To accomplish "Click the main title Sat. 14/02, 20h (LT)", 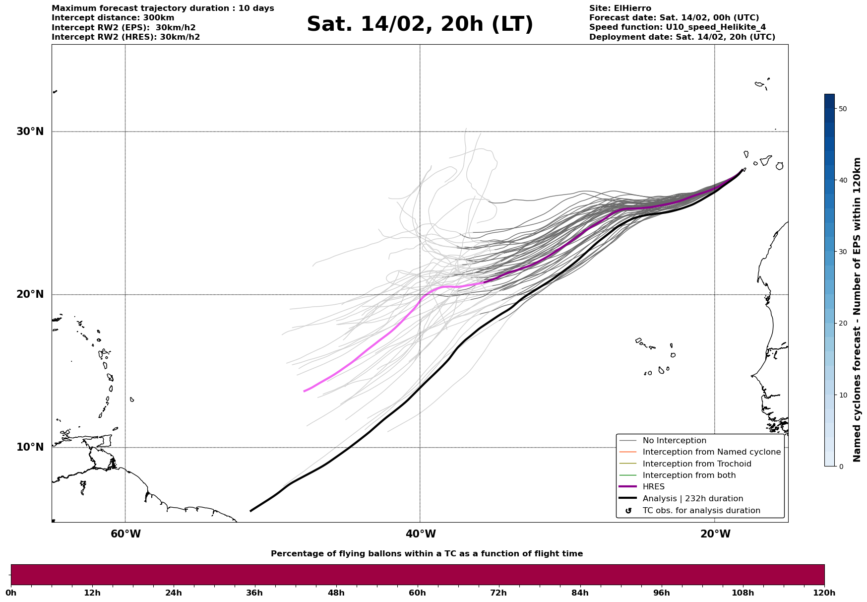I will click(x=420, y=24).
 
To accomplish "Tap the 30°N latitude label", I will click(x=30, y=132).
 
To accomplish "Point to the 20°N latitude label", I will click(x=30, y=294).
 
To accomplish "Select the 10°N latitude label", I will click(x=30, y=447).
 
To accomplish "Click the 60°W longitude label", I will click(x=125, y=534).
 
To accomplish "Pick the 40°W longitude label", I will click(x=421, y=534).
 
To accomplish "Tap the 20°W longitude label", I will click(x=715, y=534).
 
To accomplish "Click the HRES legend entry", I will click(x=653, y=487).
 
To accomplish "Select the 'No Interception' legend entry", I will click(x=674, y=441).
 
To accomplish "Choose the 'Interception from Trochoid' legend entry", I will click(x=696, y=464).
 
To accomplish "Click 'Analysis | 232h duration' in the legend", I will click(x=692, y=499).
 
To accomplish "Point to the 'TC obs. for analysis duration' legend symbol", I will click(x=628, y=511).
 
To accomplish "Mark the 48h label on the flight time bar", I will click(x=336, y=593).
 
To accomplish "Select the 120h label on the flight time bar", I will click(x=824, y=593).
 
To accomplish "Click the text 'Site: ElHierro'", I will click(x=620, y=8).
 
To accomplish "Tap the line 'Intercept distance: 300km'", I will click(x=113, y=18).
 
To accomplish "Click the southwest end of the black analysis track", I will click(x=251, y=511).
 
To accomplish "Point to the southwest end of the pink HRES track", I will click(x=305, y=391).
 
